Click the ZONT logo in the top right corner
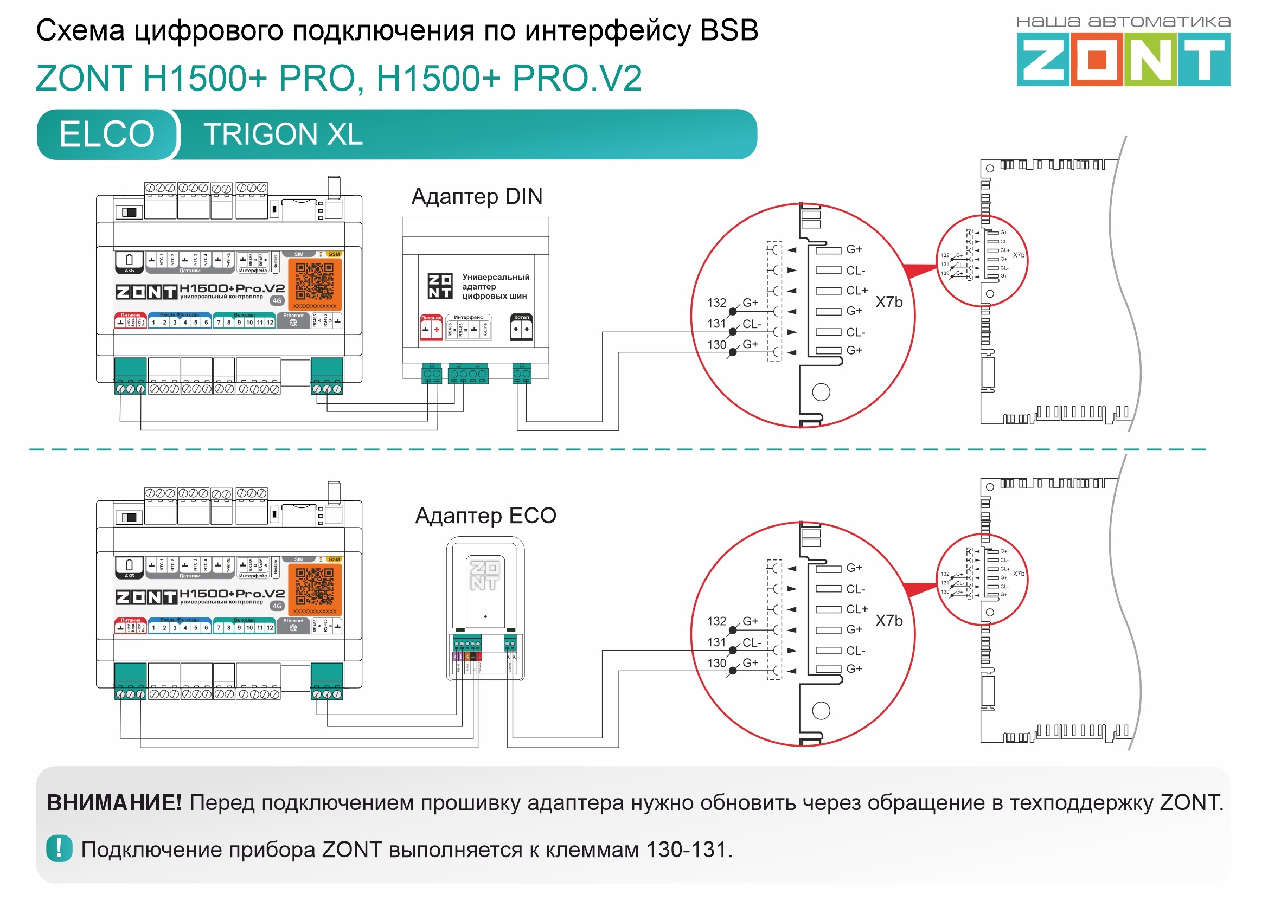point(1123,59)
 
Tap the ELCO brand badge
point(107,134)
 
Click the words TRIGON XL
point(283,134)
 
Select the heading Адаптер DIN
point(477,197)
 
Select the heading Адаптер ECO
point(485,516)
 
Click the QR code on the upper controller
point(315,281)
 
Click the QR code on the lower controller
point(315,587)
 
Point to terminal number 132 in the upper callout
point(716,303)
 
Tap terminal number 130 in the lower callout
point(716,663)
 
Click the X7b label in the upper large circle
point(888,302)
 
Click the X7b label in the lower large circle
point(888,621)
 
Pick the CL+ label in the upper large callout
point(856,291)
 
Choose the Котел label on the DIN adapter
point(521,317)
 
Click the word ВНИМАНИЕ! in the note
point(114,802)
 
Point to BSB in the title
point(728,30)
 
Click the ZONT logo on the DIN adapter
point(440,286)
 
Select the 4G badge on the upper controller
point(277,300)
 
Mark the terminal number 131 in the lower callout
point(716,642)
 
